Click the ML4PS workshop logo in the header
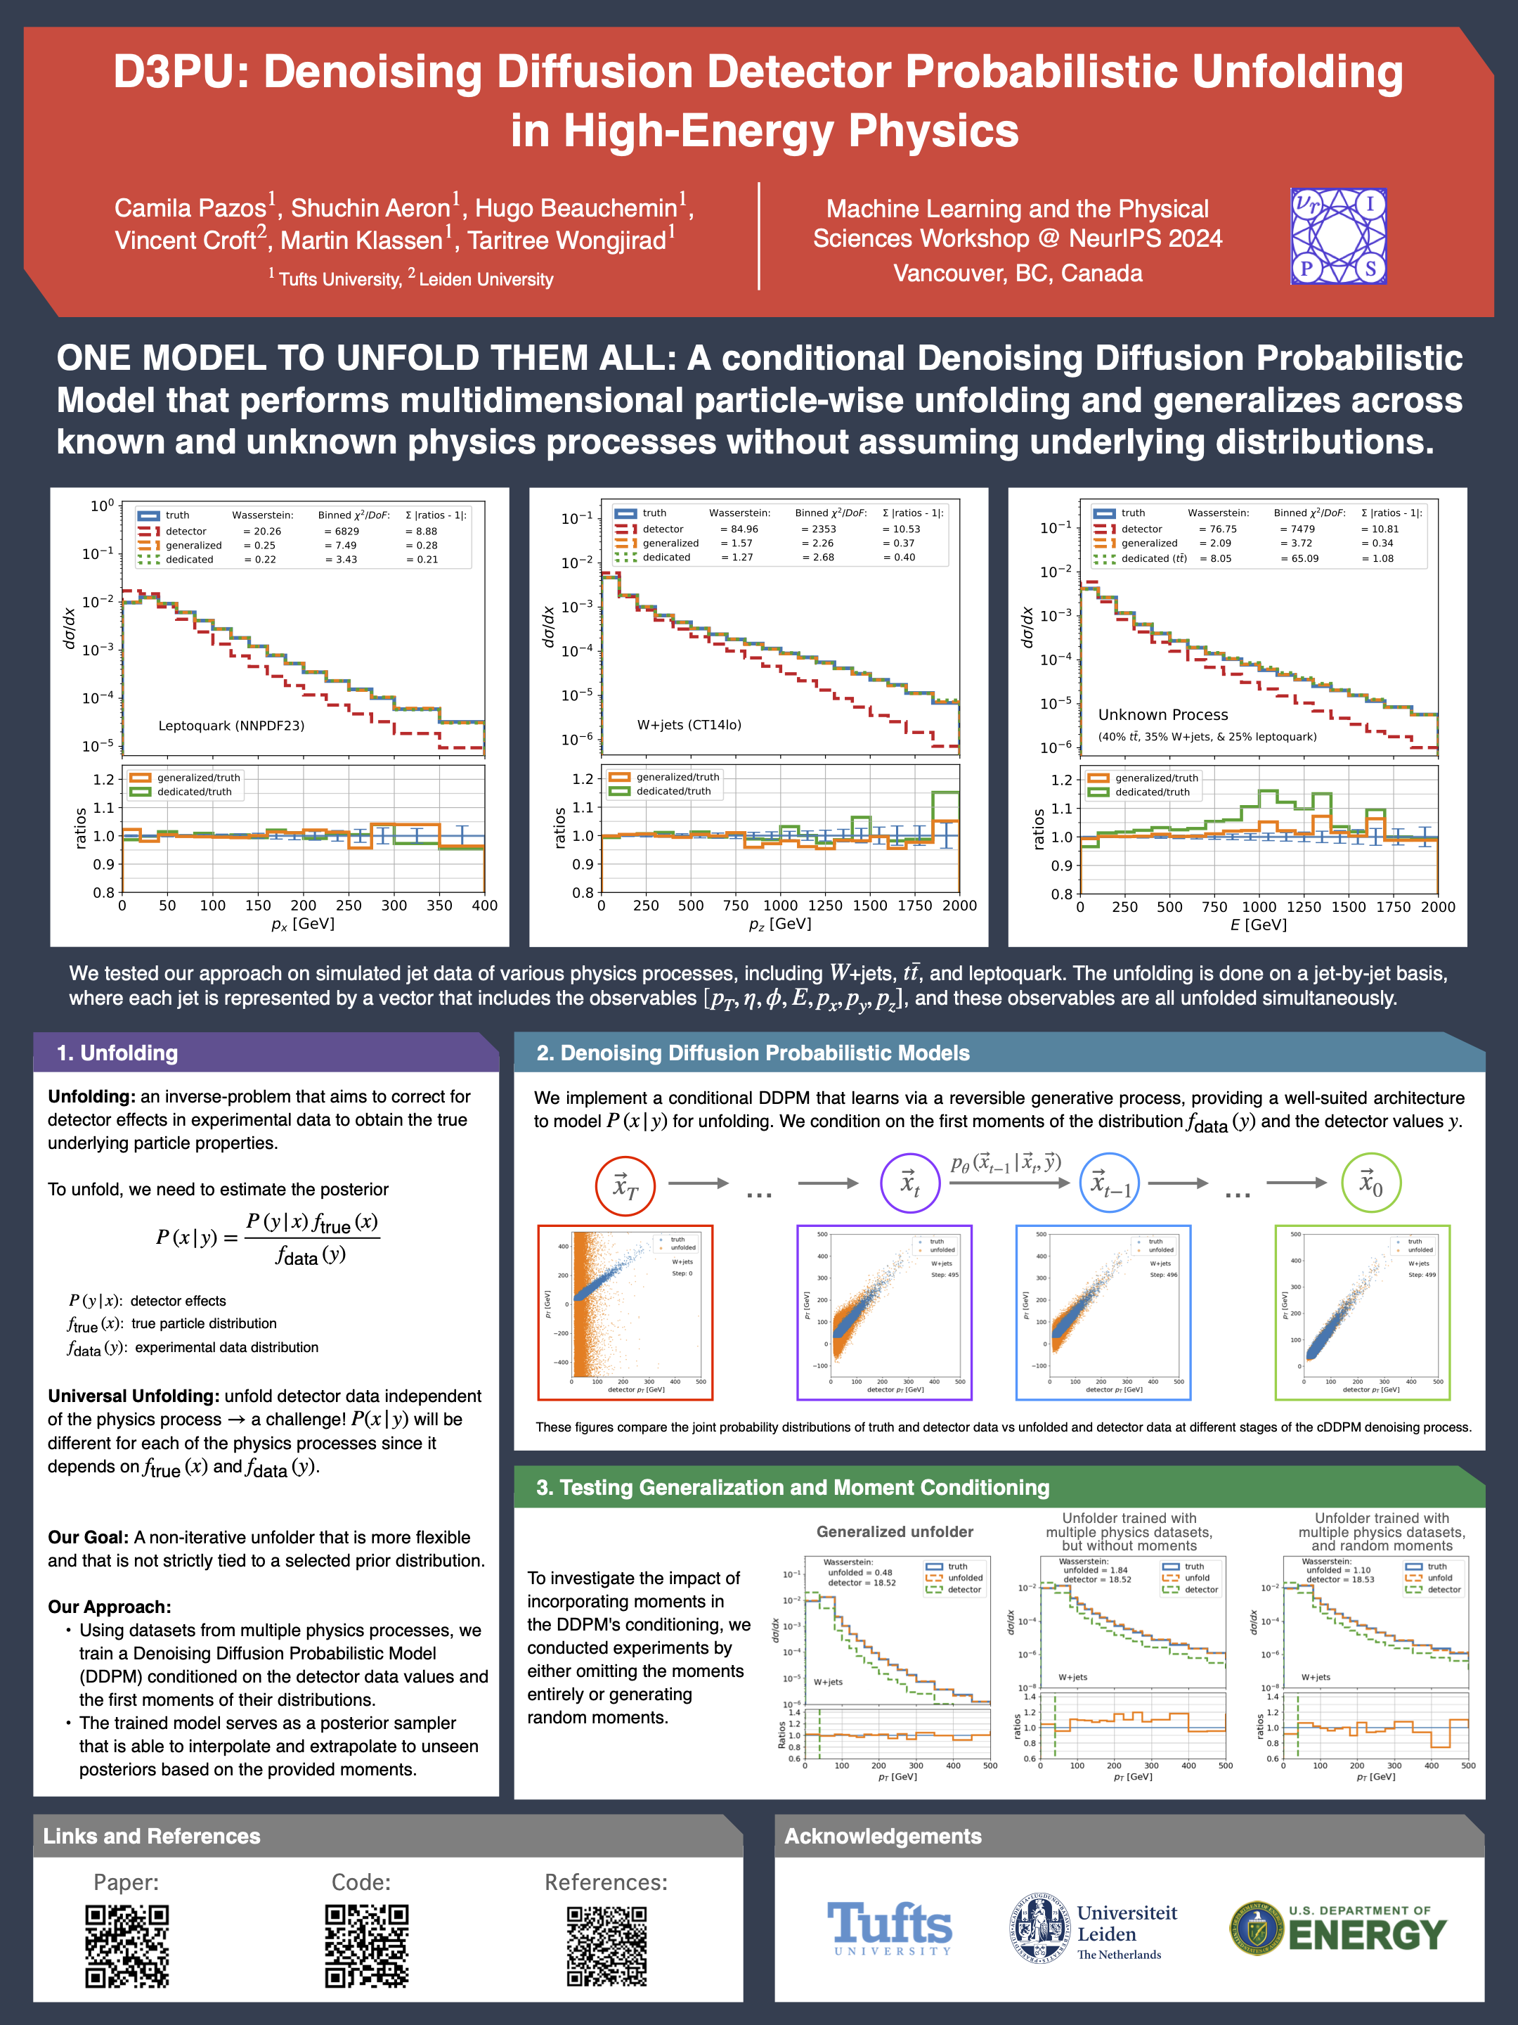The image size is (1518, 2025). (1338, 236)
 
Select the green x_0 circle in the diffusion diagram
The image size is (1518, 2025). (1370, 1183)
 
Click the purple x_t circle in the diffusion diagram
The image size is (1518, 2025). (909, 1183)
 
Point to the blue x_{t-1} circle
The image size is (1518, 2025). (1110, 1183)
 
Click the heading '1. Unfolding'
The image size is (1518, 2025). (117, 1053)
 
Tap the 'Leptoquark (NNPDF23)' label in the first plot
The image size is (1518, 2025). (231, 725)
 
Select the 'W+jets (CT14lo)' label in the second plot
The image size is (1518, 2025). (689, 724)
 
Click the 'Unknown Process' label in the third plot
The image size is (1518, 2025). (1163, 714)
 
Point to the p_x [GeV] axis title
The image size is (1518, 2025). (303, 924)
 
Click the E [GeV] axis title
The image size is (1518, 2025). (1258, 925)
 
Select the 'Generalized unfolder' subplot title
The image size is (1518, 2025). (894, 1531)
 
